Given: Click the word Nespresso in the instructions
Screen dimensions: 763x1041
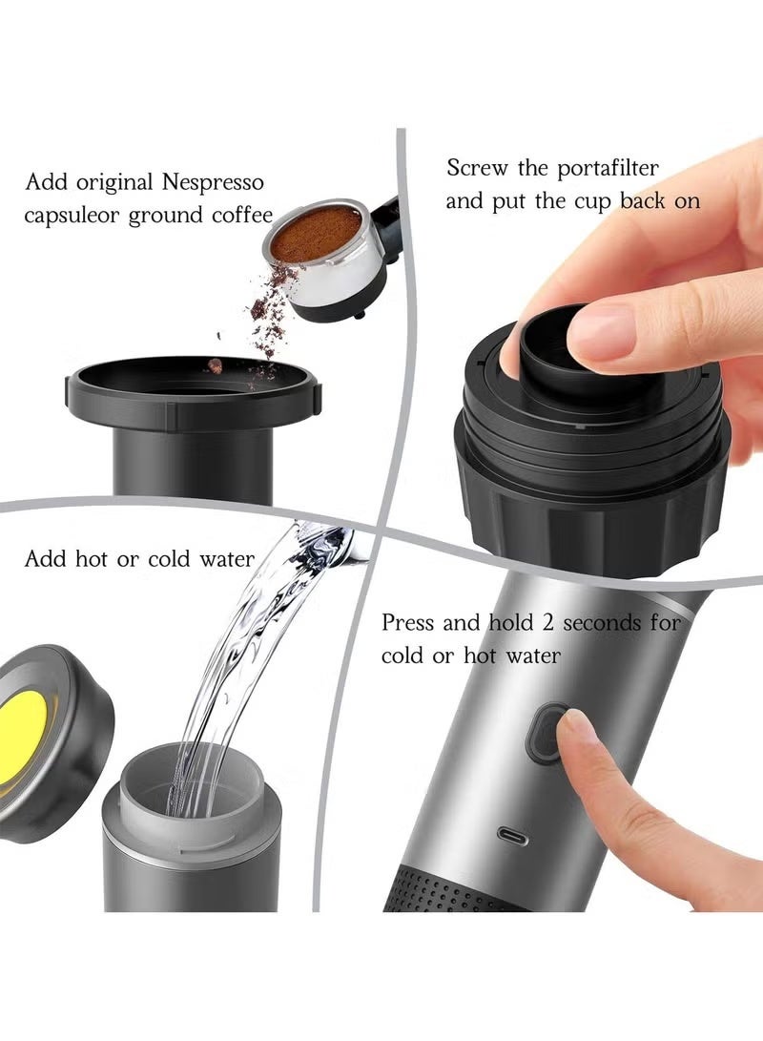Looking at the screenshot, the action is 213,182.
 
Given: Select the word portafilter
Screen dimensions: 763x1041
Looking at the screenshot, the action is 608,169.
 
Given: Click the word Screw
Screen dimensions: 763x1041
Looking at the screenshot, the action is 476,168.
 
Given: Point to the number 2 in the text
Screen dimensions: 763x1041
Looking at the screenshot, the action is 547,623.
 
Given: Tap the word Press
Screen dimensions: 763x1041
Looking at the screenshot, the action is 409,623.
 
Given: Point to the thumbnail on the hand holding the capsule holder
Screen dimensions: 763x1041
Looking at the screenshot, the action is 601,332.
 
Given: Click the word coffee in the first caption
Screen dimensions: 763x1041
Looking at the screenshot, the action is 242,215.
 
